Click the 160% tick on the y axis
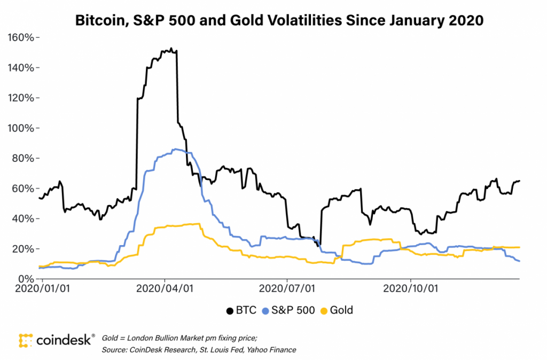pyautogui.click(x=22, y=38)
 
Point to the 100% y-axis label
pyautogui.click(x=22, y=128)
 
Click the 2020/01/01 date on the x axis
pyautogui.click(x=42, y=288)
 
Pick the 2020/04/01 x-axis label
pyautogui.click(x=165, y=288)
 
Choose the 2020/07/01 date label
pyautogui.click(x=287, y=288)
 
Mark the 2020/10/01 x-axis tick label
pyautogui.click(x=410, y=288)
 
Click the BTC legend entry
pyautogui.click(x=241, y=310)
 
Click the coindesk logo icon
pyautogui.click(x=26, y=341)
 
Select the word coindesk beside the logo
pyautogui.click(x=64, y=341)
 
